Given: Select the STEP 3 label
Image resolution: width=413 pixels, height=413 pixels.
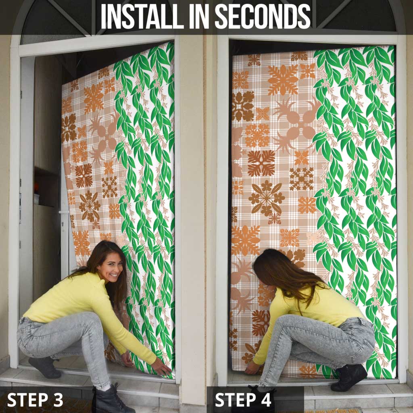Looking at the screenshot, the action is pyautogui.click(x=35, y=400).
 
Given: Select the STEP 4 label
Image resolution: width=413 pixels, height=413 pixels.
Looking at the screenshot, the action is pyautogui.click(x=243, y=400).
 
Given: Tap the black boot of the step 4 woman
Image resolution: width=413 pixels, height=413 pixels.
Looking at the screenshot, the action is pyautogui.click(x=349, y=377).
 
